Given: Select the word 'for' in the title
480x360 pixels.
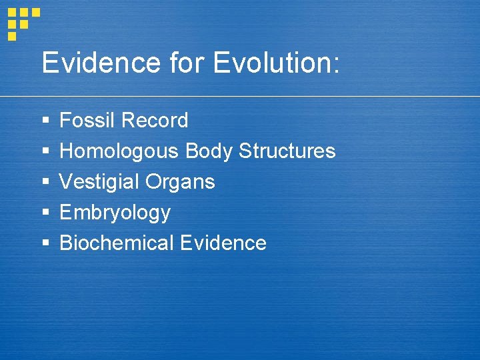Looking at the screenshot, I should (x=187, y=63).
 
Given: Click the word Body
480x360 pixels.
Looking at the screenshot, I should (x=208, y=151).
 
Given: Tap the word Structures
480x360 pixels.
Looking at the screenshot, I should (x=287, y=151).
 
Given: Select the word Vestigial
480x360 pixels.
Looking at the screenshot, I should (x=99, y=182).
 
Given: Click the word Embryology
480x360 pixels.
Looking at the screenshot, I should (x=115, y=213).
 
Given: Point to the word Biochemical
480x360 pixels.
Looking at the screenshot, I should (x=117, y=243).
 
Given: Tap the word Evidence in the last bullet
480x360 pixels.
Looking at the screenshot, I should (x=223, y=243).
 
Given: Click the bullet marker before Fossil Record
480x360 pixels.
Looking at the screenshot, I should (x=45, y=121).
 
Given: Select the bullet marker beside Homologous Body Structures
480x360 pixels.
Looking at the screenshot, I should (x=45, y=152).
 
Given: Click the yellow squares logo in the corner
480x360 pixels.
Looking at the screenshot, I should (x=22, y=23).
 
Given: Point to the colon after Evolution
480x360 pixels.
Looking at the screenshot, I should (x=335, y=65).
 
